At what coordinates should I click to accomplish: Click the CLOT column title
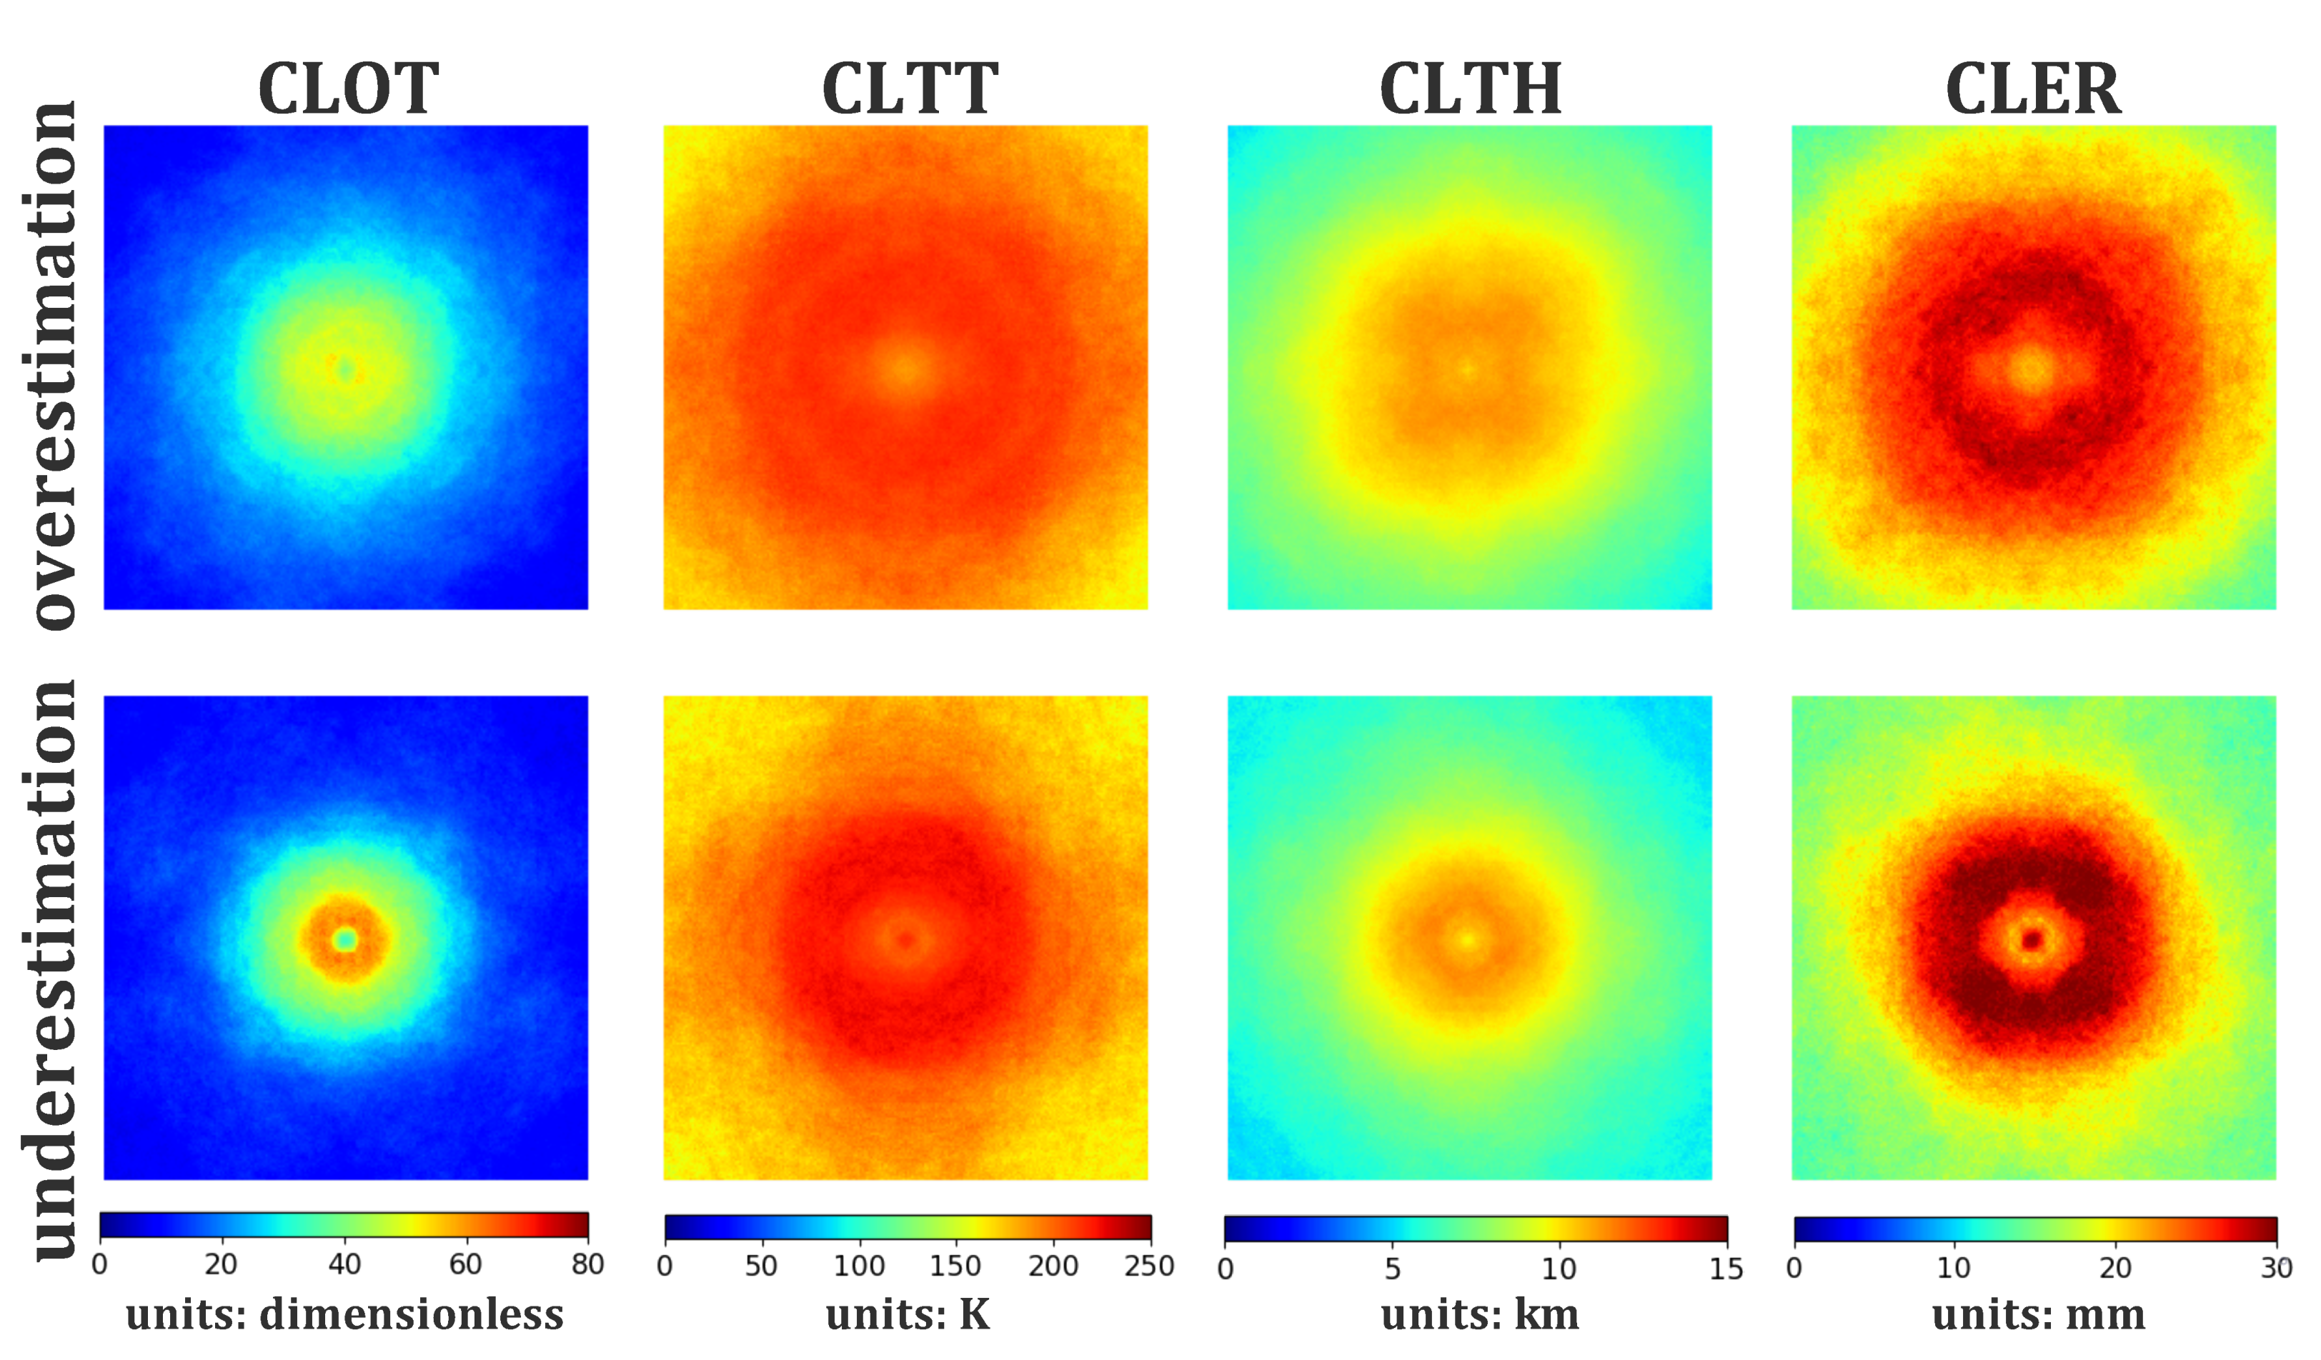click(x=347, y=89)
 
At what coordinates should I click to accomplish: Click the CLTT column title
click(x=909, y=89)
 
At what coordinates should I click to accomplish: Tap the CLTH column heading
click(x=1470, y=89)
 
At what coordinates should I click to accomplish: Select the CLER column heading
click(x=2033, y=89)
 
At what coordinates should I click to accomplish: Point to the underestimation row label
click(x=51, y=969)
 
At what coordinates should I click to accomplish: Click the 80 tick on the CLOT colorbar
click(x=587, y=1264)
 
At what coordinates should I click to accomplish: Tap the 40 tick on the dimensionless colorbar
click(x=344, y=1264)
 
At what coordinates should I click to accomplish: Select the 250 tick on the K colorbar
click(x=1148, y=1266)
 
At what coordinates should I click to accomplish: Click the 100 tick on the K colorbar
click(x=858, y=1266)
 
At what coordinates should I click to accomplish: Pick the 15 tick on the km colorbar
click(x=1725, y=1269)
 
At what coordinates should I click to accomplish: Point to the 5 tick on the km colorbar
click(x=1393, y=1269)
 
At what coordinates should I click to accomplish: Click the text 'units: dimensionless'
click(x=344, y=1315)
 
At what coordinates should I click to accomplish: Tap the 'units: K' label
click(x=908, y=1315)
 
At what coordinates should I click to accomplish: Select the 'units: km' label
click(x=1479, y=1315)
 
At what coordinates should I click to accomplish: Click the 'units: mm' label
click(x=2038, y=1315)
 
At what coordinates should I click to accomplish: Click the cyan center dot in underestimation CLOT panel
click(x=345, y=939)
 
